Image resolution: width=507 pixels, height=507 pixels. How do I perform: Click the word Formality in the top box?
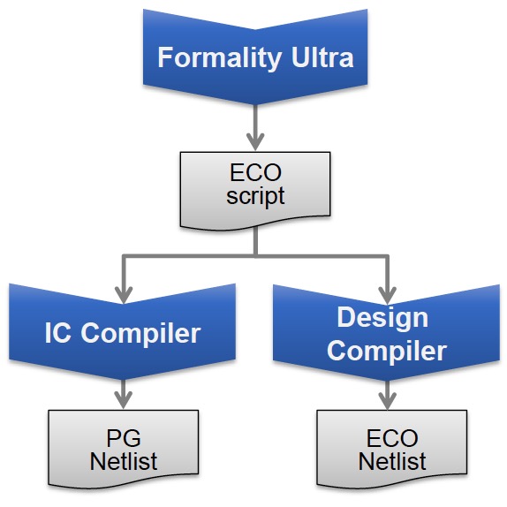(220, 58)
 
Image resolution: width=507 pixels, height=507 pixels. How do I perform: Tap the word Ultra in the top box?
(322, 57)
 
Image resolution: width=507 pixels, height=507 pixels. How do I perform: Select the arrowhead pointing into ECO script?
(255, 141)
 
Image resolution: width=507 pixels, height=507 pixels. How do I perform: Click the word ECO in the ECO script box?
(255, 172)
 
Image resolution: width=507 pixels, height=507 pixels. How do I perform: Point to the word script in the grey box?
(255, 195)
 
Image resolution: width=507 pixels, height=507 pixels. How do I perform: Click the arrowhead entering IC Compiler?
(124, 294)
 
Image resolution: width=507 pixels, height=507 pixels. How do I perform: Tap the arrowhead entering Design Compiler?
(388, 294)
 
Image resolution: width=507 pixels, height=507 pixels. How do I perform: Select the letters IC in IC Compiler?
(58, 333)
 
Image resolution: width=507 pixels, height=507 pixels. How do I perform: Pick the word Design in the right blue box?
(382, 319)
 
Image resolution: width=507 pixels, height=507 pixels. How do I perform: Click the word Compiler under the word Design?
(387, 352)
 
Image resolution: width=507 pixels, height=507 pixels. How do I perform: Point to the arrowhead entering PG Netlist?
(124, 400)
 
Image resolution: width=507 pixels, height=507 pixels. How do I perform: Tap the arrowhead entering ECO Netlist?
(388, 400)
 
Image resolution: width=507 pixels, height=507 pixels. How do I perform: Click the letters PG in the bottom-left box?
(124, 438)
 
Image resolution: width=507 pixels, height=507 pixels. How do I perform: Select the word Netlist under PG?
(124, 461)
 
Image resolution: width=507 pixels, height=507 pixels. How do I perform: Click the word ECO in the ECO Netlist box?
(392, 438)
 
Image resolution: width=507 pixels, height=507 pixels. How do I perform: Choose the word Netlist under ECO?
(392, 461)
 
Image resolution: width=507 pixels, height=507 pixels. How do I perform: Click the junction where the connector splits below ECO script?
(255, 256)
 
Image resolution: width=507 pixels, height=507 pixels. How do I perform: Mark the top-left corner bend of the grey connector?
(124, 256)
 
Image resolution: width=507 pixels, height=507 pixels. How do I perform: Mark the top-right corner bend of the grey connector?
(388, 256)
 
